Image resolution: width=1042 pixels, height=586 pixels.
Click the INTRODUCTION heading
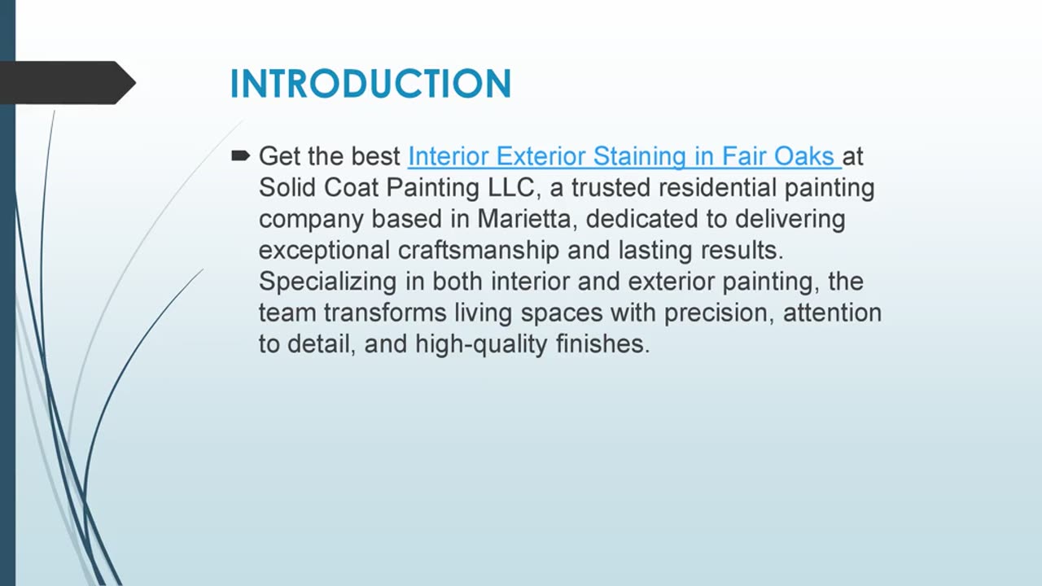pos(370,84)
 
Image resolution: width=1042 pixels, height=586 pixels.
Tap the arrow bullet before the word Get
pos(240,155)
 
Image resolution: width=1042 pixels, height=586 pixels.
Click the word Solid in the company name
pos(288,187)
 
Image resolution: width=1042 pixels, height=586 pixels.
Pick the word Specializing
pos(328,282)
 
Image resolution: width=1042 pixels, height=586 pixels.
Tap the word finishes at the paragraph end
pos(602,344)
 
